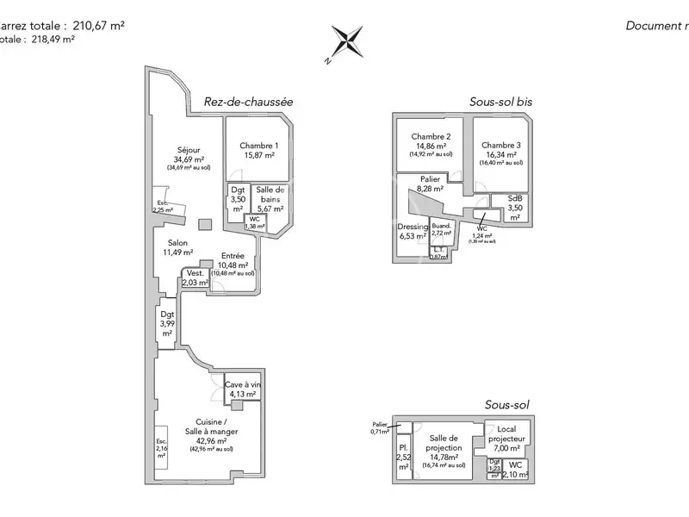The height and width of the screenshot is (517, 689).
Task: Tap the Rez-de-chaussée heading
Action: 248,102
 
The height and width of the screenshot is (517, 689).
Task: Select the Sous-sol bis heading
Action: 500,102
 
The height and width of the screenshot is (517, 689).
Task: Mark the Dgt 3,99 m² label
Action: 167,323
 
